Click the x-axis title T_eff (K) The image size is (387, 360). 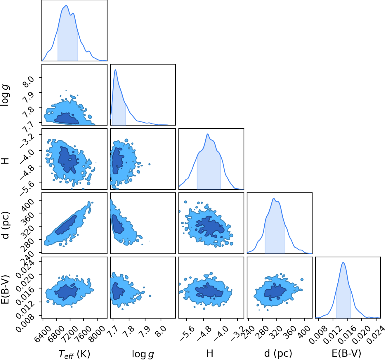(74, 353)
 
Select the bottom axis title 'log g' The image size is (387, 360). (143, 354)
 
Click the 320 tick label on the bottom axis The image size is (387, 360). (276, 330)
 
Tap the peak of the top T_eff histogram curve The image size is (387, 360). (66, 6)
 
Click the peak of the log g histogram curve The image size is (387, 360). (115, 69)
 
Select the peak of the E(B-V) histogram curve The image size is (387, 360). (343, 262)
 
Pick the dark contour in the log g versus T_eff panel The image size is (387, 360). (66, 118)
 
